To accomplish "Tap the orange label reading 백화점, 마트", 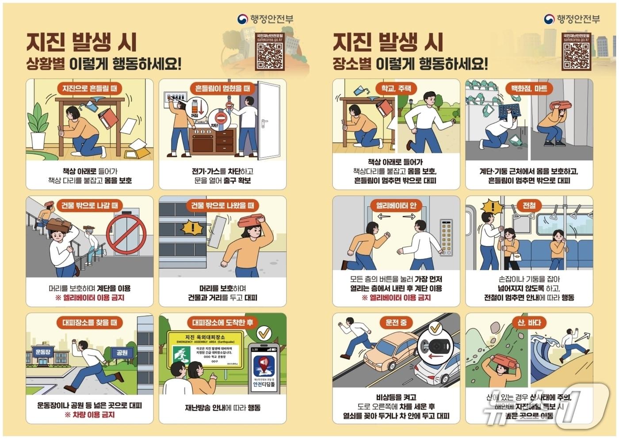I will pyautogui.click(x=529, y=88).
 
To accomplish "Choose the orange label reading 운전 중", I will pyautogui.click(x=396, y=322).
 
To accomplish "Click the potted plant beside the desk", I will pyautogui.click(x=38, y=126).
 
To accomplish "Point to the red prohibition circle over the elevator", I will pyautogui.click(x=126, y=235).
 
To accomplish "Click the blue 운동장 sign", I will pyautogui.click(x=42, y=352).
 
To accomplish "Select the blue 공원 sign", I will pyautogui.click(x=122, y=352).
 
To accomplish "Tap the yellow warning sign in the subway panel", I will pyautogui.click(x=492, y=207).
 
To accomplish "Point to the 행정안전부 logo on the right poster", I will pyautogui.click(x=572, y=19).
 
